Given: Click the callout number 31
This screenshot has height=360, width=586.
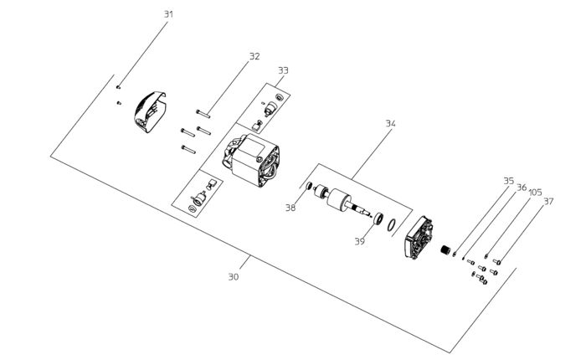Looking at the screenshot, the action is tap(168, 14).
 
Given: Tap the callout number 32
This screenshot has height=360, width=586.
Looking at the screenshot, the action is tap(254, 56).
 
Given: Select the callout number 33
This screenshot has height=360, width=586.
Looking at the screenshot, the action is tap(283, 71).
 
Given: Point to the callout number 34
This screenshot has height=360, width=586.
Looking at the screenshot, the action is tap(390, 123).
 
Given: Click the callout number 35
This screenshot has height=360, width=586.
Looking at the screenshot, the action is tap(508, 180).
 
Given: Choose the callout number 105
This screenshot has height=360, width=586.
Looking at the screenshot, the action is tap(535, 193).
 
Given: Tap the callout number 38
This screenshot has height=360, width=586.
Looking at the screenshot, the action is tap(290, 208).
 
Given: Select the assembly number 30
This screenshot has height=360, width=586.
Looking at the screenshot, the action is tap(234, 275).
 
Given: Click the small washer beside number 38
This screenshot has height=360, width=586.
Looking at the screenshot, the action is tap(307, 186).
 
